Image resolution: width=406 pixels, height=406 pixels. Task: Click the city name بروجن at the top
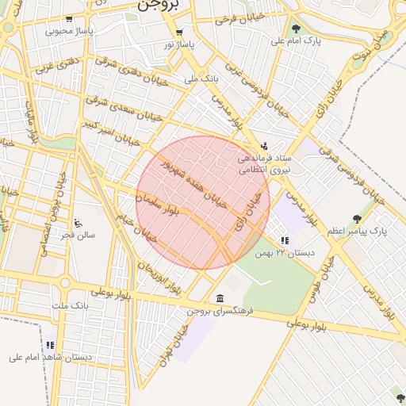click(x=159, y=5)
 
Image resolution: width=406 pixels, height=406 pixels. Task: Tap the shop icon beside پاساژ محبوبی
click(x=69, y=19)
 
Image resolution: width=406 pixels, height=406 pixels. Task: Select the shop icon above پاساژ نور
click(x=179, y=33)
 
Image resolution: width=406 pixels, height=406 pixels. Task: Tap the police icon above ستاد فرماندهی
click(x=263, y=145)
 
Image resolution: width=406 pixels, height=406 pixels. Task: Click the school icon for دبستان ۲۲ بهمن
click(x=285, y=240)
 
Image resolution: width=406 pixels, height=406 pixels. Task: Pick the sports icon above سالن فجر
click(x=78, y=223)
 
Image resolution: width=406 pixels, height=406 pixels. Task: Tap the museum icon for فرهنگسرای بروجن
click(x=220, y=298)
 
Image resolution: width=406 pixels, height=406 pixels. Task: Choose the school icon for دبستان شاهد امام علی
click(x=51, y=345)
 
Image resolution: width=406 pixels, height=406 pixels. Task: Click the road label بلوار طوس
click(x=324, y=285)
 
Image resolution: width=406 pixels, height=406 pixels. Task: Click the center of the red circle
click(x=203, y=203)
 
